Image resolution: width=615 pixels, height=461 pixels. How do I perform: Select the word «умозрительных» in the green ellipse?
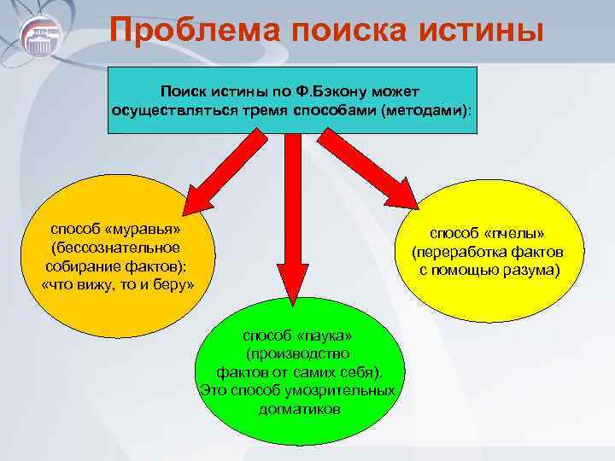click(343, 390)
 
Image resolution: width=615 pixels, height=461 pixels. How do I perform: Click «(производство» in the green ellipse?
click(297, 353)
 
